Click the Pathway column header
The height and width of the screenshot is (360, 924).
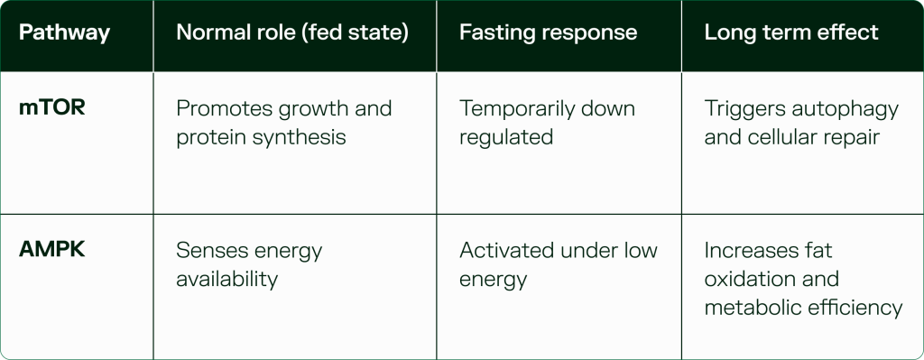coord(64,32)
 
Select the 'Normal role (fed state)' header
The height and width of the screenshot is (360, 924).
coord(292,32)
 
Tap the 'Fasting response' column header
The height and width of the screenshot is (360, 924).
coord(548,32)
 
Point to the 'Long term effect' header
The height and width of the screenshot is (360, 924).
coord(791,32)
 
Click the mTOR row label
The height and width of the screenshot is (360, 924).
coord(51,108)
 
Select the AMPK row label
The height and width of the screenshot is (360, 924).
coord(51,250)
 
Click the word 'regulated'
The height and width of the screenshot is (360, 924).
coord(506,138)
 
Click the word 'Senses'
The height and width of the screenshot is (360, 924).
coord(210,251)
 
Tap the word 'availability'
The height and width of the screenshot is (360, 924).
coord(226,280)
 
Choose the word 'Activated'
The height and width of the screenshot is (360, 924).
coord(506,251)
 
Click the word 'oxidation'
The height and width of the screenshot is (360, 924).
coord(749,279)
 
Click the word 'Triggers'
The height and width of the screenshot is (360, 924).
coord(744,109)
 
